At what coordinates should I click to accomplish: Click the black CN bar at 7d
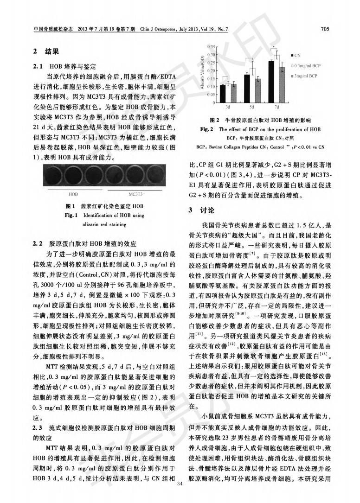pos(271,82)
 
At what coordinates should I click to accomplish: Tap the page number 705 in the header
pos(325,29)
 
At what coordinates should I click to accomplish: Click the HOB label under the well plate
pos(73,194)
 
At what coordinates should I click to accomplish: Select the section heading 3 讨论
pos(202,211)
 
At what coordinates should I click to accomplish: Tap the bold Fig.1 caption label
pos(71,216)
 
